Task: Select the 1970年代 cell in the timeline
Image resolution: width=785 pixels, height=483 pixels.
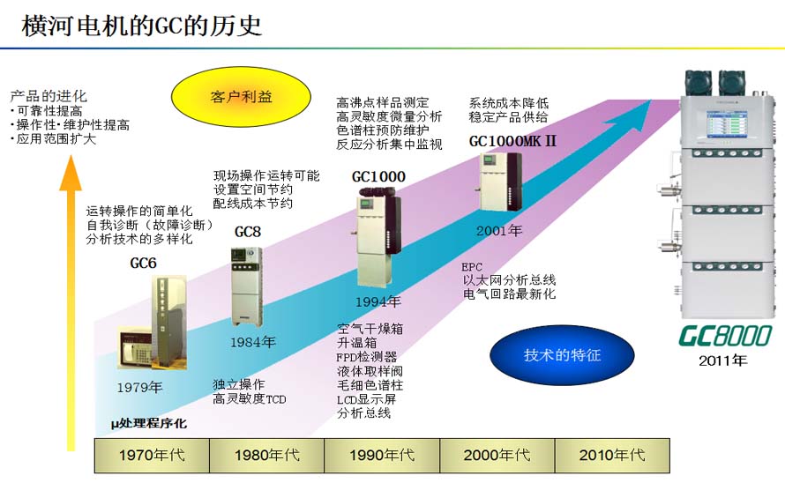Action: (x=152, y=455)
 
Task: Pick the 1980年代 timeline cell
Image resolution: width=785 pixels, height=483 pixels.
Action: (x=266, y=455)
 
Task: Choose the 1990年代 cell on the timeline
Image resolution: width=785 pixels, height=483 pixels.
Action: (x=381, y=455)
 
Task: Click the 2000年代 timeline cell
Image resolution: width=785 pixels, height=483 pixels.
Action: (x=497, y=455)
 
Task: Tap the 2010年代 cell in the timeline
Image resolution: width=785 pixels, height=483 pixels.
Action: (x=611, y=455)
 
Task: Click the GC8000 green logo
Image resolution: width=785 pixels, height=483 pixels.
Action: (x=724, y=336)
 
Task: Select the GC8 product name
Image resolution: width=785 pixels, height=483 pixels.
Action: (x=248, y=232)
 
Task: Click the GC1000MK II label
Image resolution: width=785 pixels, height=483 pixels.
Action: (x=512, y=141)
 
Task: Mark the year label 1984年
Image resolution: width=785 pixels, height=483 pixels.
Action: (x=253, y=341)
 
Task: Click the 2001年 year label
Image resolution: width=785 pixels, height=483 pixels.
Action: (x=499, y=231)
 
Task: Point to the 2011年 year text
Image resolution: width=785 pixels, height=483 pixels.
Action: (x=723, y=360)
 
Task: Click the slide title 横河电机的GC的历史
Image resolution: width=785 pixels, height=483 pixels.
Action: (x=142, y=25)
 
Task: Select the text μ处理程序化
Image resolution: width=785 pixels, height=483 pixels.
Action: (x=148, y=424)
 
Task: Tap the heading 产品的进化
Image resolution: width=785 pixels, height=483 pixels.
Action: (x=49, y=95)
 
